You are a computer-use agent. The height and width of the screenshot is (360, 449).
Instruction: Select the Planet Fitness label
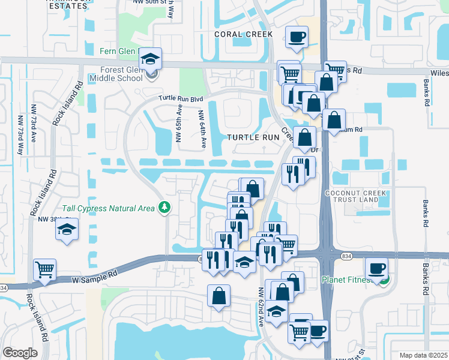[x=351, y=280]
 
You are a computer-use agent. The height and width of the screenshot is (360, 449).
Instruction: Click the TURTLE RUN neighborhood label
[x=253, y=137]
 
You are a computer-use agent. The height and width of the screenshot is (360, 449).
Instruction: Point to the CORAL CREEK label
[x=244, y=34]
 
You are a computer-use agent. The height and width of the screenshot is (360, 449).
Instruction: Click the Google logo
[x=20, y=353]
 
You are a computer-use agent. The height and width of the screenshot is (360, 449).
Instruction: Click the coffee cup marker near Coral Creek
[x=297, y=37]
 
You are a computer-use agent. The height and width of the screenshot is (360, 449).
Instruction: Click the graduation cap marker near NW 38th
[x=67, y=230]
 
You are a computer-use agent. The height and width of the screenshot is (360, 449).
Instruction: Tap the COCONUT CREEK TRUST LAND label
[x=352, y=196]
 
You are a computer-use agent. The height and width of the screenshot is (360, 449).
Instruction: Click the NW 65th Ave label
[x=178, y=123]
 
